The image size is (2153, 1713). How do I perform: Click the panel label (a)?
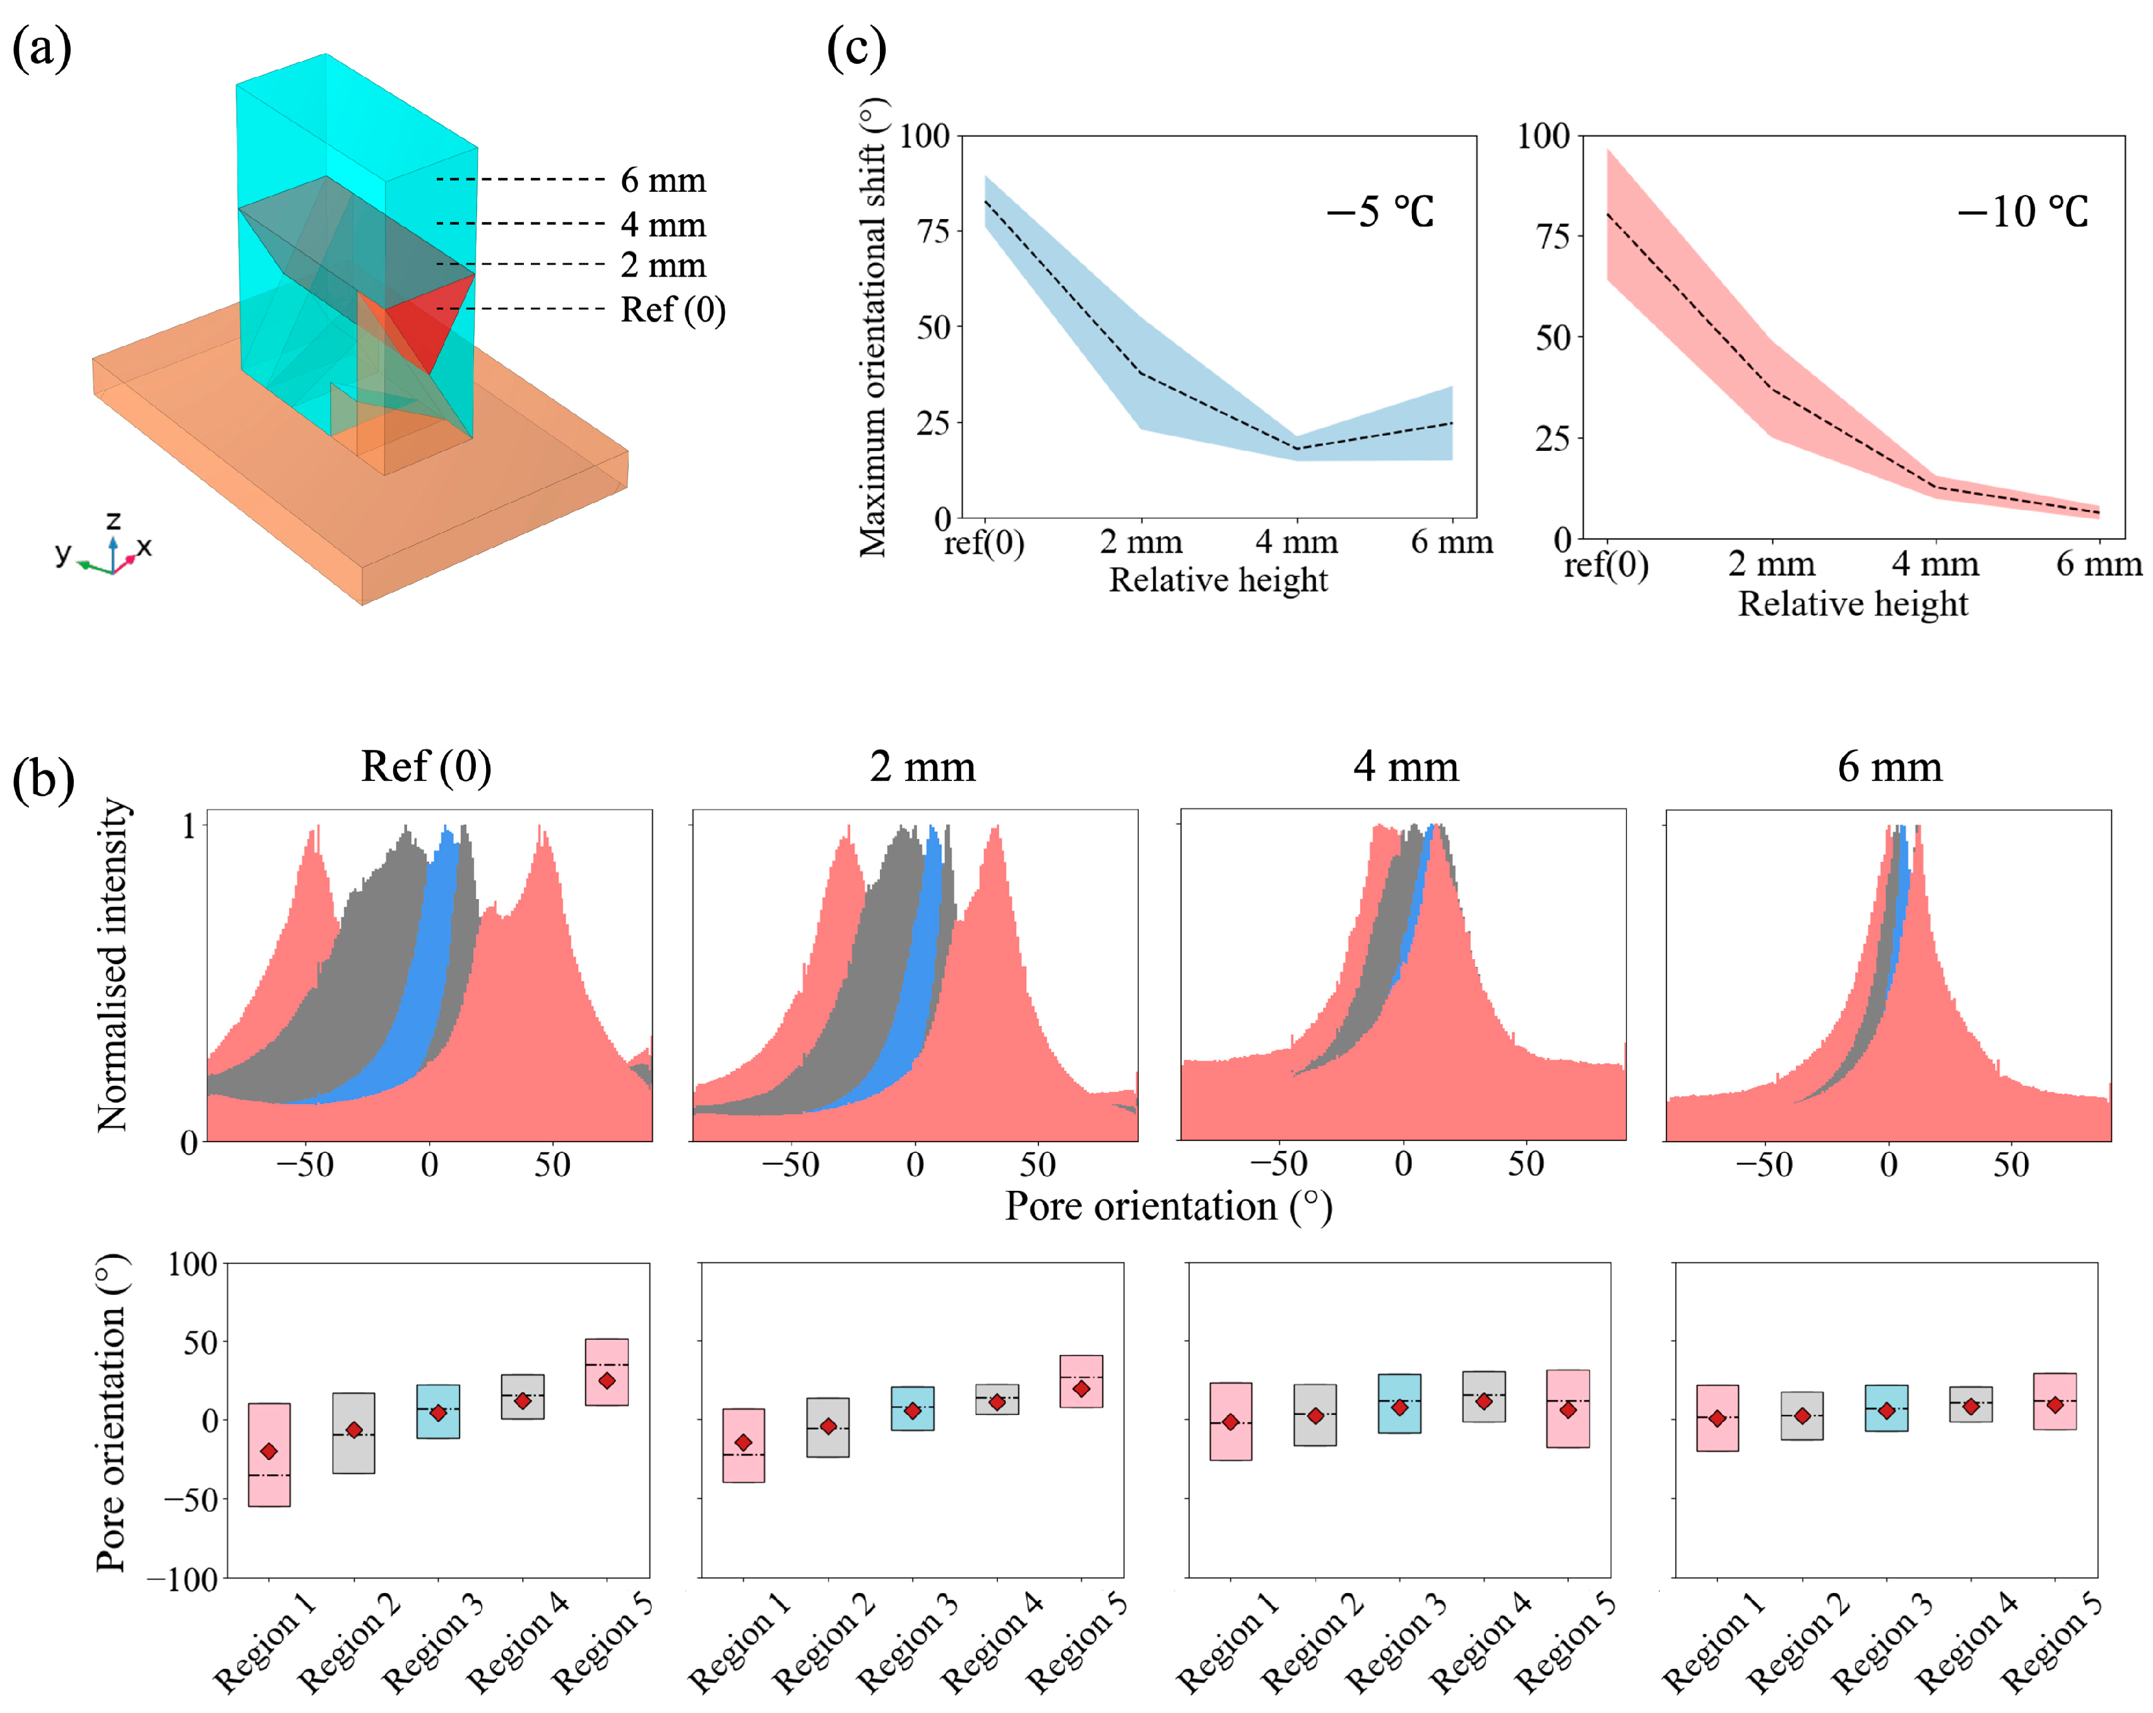[x=41, y=48]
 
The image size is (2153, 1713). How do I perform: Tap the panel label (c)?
[x=856, y=48]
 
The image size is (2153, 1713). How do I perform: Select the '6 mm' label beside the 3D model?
[x=663, y=181]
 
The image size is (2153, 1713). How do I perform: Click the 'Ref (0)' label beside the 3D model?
[x=673, y=309]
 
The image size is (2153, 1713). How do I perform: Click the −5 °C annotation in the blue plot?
[x=1380, y=212]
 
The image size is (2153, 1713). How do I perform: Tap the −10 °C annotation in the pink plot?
[x=2022, y=212]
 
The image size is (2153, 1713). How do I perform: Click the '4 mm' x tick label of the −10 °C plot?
[x=1935, y=564]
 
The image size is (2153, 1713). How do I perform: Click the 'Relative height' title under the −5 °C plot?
[x=1218, y=580]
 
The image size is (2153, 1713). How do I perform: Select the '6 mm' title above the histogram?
[x=1889, y=767]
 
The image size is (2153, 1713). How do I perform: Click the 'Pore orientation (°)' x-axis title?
[x=1168, y=1207]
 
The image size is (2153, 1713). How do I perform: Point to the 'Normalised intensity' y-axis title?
[x=113, y=965]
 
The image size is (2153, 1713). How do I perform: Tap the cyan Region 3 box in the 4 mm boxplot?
[x=1399, y=1404]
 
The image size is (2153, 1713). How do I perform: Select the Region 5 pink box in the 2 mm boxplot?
[x=1081, y=1382]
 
